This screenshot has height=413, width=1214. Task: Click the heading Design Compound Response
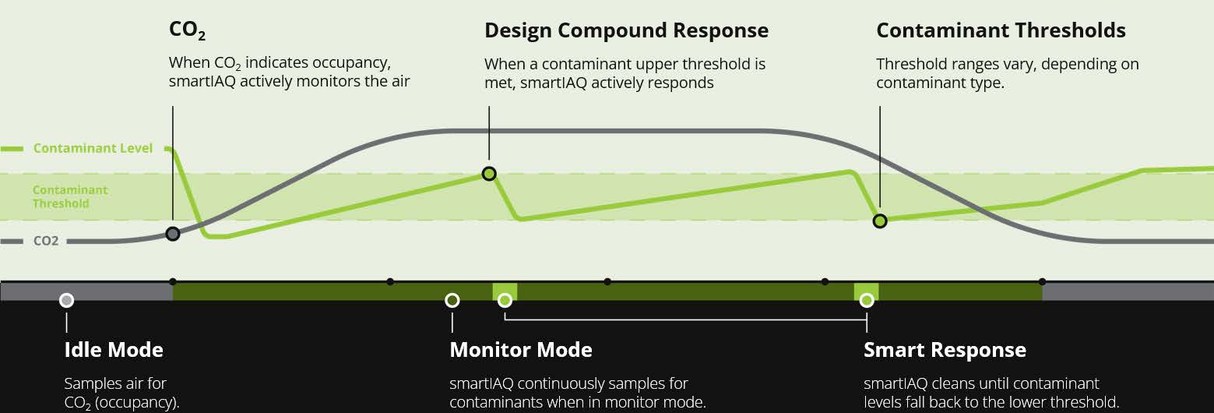626,30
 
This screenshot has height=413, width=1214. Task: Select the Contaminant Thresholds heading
1001,30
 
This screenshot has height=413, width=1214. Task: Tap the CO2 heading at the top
187,30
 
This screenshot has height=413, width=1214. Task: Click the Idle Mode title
114,350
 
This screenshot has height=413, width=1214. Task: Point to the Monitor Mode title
520,350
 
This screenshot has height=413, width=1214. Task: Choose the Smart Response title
945,350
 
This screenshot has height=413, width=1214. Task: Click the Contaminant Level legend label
93,148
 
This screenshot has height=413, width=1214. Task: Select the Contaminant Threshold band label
70,196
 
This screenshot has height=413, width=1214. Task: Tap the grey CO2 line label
46,242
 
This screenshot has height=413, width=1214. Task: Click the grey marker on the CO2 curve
173,233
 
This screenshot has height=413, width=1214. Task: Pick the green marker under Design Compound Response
489,173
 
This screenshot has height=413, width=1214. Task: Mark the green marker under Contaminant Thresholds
880,221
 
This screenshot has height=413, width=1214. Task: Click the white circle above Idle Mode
67,300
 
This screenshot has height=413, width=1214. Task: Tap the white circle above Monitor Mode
452,300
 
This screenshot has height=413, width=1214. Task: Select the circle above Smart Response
866,300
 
